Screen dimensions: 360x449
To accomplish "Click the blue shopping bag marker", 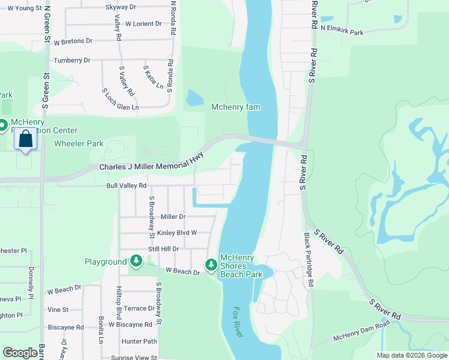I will (26, 139).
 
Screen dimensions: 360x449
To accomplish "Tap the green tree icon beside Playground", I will (137, 261).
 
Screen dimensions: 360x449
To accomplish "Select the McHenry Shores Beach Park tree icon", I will (211, 264).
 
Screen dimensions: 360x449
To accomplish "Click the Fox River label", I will (238, 322).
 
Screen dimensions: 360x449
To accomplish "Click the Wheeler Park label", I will (79, 143).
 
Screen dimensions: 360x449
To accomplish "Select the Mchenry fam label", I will (236, 107).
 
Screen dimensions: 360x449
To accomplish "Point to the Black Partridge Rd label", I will (308, 259).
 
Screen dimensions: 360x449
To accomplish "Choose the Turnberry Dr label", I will (71, 61).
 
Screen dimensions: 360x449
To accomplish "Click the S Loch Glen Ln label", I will (120, 100).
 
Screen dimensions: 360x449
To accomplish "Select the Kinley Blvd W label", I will (176, 233).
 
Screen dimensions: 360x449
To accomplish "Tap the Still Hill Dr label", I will (163, 248).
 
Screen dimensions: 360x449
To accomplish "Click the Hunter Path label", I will (139, 341).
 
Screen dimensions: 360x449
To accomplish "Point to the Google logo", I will (20, 353).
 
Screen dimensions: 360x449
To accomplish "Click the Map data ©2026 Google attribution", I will (411, 355).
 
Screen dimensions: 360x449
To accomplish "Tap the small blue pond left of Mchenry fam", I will (194, 98).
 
